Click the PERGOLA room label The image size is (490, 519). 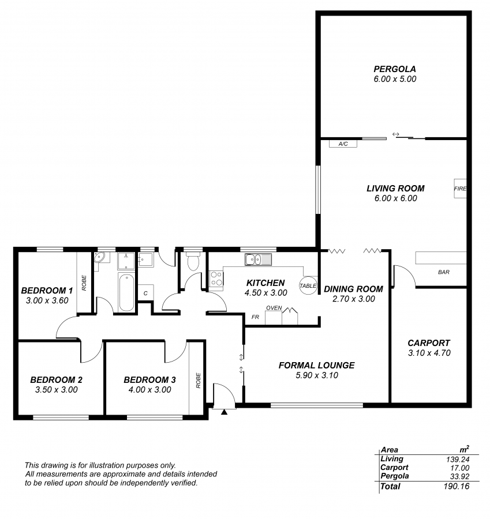395,69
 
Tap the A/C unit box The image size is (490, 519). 343,144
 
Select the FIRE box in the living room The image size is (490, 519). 460,189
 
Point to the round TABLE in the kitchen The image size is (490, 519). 308,285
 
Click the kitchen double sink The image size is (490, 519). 258,259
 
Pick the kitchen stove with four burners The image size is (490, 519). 216,279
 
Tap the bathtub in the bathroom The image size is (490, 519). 126,292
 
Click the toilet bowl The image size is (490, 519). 193,261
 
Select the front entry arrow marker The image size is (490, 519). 225,412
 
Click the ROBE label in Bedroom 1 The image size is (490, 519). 84,283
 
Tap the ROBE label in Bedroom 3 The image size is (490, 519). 198,381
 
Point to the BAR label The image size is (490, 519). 444,272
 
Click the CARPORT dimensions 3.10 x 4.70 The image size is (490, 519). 429,353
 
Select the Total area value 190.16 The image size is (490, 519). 456,486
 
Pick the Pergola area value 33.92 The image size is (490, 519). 460,477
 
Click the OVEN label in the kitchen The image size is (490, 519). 274,308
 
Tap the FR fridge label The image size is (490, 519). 255,317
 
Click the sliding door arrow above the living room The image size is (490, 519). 395,134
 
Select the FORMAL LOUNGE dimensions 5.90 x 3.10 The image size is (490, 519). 317,375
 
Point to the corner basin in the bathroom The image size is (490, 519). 99,258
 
